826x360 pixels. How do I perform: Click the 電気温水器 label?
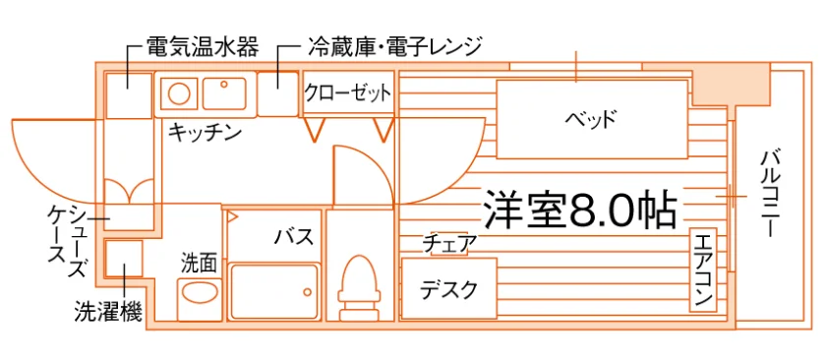[203, 48]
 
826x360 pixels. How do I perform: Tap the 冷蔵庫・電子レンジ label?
[394, 48]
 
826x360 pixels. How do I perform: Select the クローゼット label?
[348, 93]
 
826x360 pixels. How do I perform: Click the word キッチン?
[205, 132]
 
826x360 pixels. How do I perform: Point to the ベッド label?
[591, 119]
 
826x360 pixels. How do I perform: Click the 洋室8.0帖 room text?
[579, 210]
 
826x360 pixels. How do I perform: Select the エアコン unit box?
[703, 270]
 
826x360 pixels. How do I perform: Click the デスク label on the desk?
[448, 289]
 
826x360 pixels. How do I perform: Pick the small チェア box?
[450, 244]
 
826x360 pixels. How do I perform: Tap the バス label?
[294, 237]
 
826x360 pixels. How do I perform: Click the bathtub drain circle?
[306, 291]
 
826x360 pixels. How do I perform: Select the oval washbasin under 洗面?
[200, 292]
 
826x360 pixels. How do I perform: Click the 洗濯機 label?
[108, 313]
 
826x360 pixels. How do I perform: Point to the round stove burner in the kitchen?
[179, 93]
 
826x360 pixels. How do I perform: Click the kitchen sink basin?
[224, 93]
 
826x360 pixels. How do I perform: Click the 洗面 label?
[200, 263]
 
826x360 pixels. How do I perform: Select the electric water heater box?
[129, 95]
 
